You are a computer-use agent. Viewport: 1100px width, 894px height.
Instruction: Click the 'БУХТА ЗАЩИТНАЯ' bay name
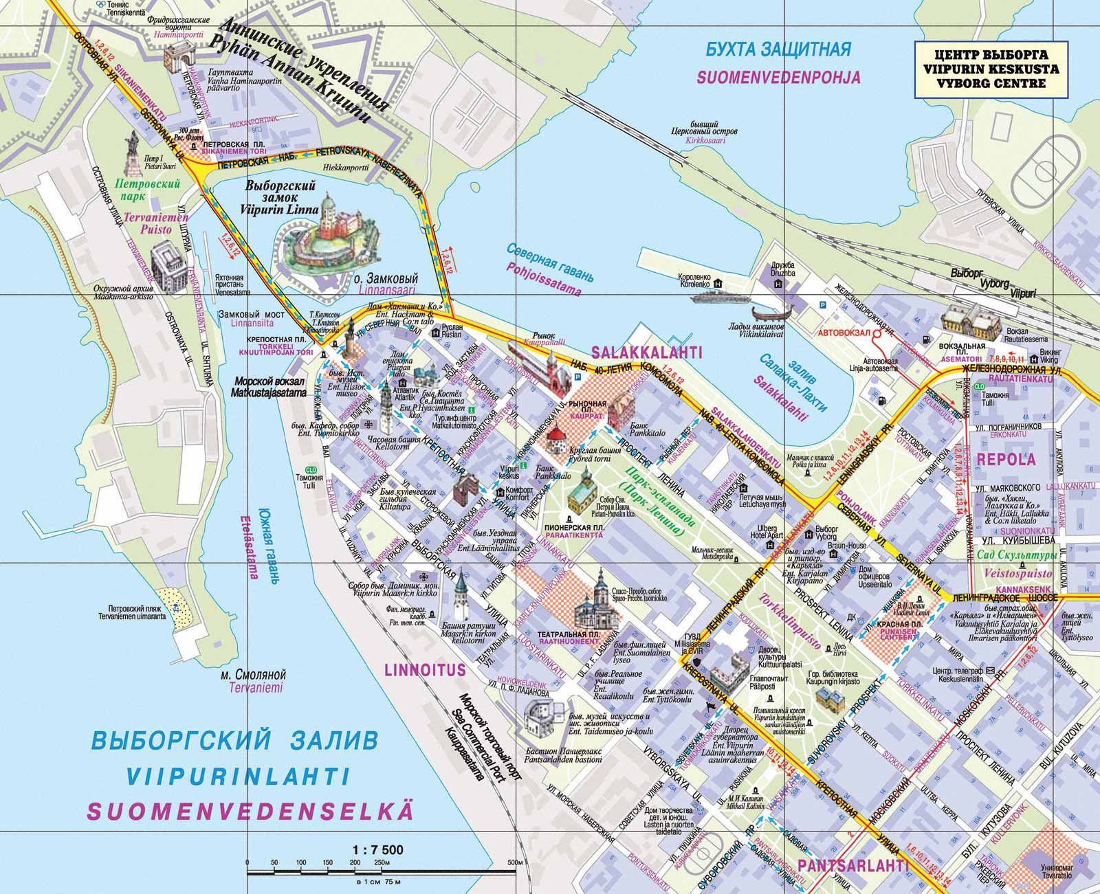[x=779, y=49]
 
